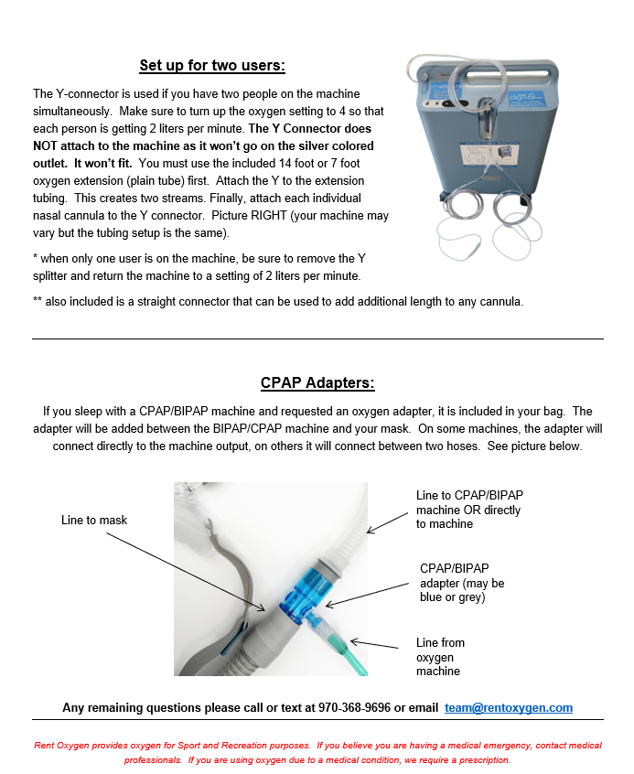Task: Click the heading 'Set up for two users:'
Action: [212, 66]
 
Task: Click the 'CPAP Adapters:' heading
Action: [317, 383]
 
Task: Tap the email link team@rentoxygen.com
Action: [509, 708]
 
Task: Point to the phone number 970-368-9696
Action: [355, 708]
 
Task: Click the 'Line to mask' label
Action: [94, 521]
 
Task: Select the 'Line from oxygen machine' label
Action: [440, 657]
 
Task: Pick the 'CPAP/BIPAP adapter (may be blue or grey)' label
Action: [462, 583]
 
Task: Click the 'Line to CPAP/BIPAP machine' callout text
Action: [469, 510]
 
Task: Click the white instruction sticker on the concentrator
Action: [489, 154]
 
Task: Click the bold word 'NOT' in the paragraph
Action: [45, 146]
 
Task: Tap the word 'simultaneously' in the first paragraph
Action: [71, 112]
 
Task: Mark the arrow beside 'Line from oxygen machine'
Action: [374, 644]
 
